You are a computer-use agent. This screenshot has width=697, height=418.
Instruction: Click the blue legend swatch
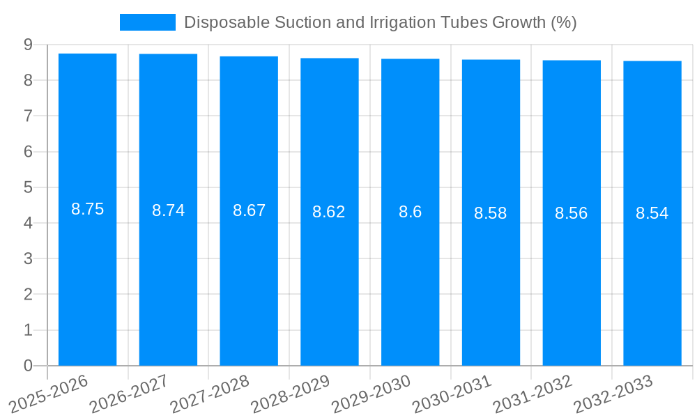coord(147,22)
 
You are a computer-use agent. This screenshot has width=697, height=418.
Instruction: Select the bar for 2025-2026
coord(87,279)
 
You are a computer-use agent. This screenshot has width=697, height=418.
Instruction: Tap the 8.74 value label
coord(168,210)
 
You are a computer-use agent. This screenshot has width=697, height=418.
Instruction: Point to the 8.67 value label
coord(249,210)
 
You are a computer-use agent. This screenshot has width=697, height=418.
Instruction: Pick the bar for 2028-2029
coord(330,279)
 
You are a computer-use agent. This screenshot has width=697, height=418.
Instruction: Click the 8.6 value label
coord(410,212)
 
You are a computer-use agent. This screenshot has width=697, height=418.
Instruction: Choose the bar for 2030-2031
coord(491,279)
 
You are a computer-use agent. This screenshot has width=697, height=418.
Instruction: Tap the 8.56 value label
coord(571,213)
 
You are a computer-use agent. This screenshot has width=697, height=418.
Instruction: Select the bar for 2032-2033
coord(652,279)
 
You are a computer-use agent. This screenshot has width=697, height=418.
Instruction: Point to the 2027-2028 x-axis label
coord(210,394)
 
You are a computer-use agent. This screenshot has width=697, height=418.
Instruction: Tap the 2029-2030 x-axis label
coord(372,394)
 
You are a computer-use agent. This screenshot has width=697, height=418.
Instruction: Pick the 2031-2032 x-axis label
coord(533,394)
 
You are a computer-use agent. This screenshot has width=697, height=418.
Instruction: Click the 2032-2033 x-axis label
coord(613,394)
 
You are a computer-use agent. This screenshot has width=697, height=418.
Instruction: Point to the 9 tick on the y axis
coord(28,45)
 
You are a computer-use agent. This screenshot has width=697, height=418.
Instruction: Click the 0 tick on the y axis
coord(28,366)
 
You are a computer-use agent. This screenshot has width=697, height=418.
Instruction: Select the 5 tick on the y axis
coord(28,187)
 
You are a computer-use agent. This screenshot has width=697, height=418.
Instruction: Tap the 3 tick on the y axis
coord(28,258)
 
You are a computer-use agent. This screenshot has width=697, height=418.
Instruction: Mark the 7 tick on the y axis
coord(28,116)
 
